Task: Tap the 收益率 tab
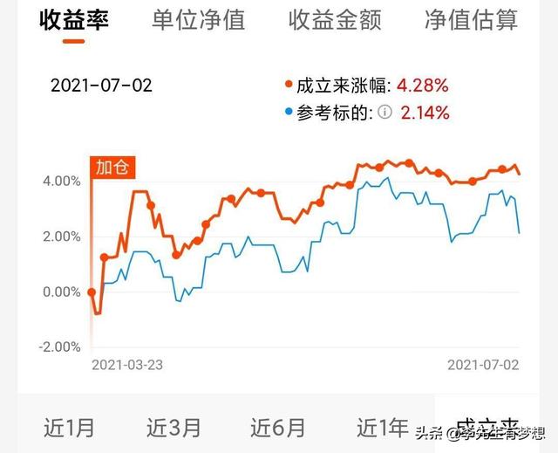[x=74, y=20]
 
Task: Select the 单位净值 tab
[x=199, y=20]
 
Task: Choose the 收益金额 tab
[x=336, y=20]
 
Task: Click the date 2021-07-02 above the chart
[x=101, y=86]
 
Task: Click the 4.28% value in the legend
[x=423, y=86]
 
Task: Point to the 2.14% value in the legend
[x=425, y=113]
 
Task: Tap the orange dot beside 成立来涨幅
[x=289, y=86]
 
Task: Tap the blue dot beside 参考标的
[x=289, y=113]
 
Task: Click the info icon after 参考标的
[x=385, y=113]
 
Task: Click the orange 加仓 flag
[x=111, y=166]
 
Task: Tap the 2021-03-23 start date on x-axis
[x=127, y=365]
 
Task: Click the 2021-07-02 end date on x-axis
[x=483, y=365]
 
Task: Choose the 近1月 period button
[x=69, y=428]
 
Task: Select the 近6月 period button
[x=278, y=428]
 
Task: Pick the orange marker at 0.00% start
[x=92, y=292]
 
